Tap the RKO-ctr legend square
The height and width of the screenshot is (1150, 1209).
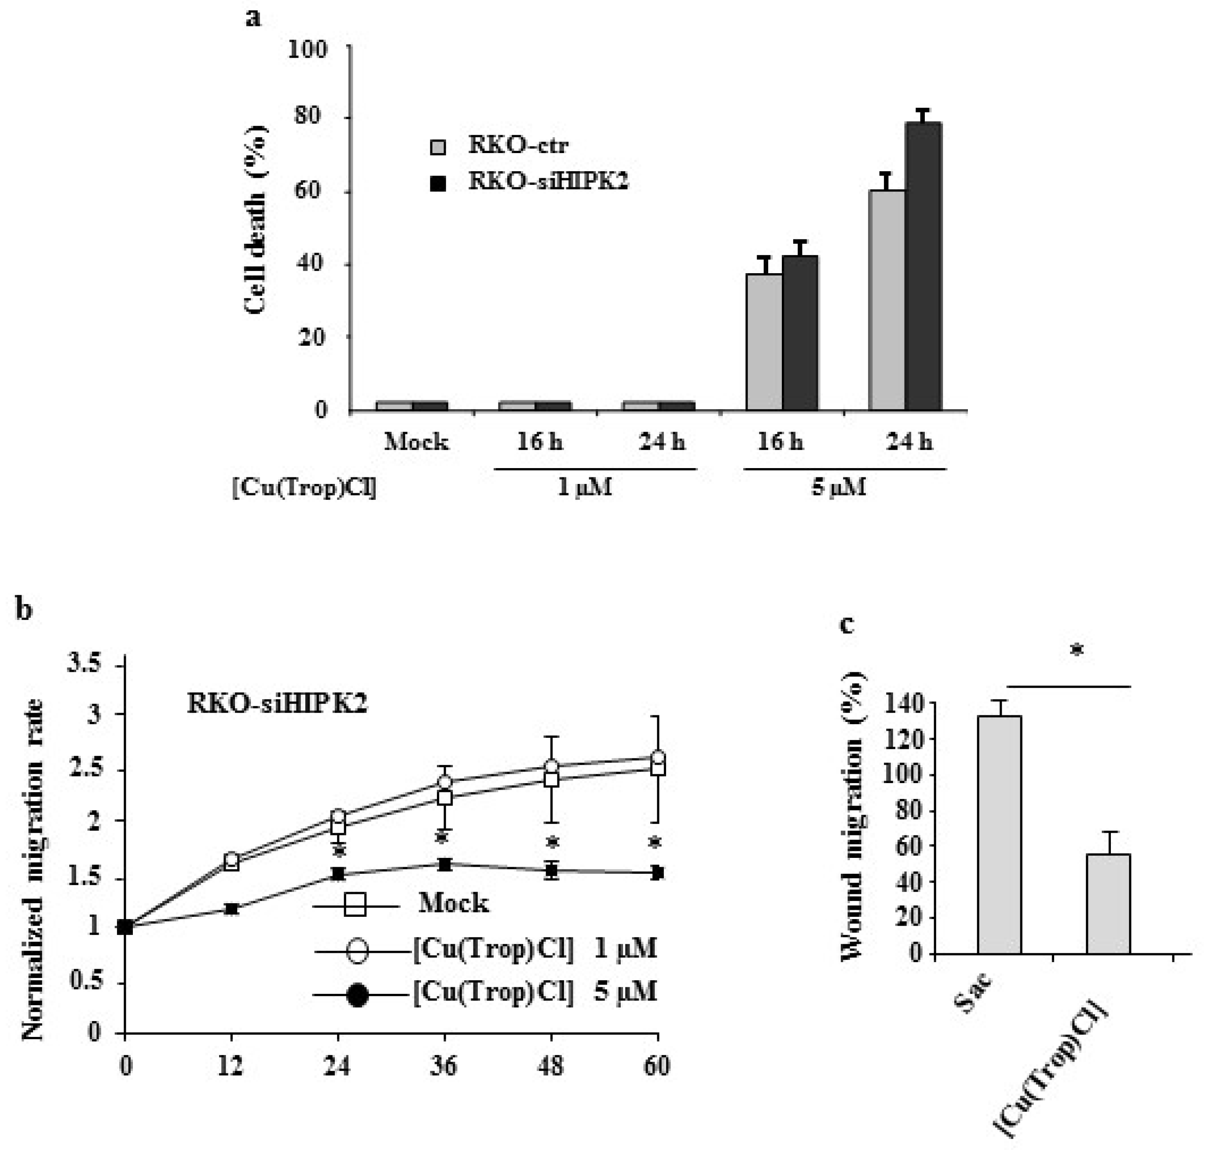(x=438, y=147)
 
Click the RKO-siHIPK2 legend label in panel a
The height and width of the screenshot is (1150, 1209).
(x=548, y=181)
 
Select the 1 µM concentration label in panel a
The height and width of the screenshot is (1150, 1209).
(x=584, y=488)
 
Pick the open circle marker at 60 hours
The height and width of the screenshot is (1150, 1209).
(x=658, y=757)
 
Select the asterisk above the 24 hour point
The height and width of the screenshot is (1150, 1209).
(x=338, y=851)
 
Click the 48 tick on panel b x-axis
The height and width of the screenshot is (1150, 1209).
(x=550, y=1066)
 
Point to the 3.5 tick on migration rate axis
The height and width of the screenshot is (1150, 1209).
(x=86, y=664)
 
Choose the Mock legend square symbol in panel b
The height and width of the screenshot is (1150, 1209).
(x=355, y=904)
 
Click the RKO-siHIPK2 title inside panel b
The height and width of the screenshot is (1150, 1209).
(x=277, y=704)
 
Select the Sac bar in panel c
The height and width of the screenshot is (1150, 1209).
(x=999, y=834)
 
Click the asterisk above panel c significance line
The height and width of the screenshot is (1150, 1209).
(x=1077, y=650)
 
